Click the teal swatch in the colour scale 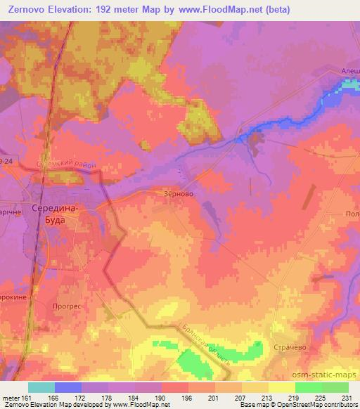click(x=41, y=387)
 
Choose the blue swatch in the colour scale click(x=68, y=387)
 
